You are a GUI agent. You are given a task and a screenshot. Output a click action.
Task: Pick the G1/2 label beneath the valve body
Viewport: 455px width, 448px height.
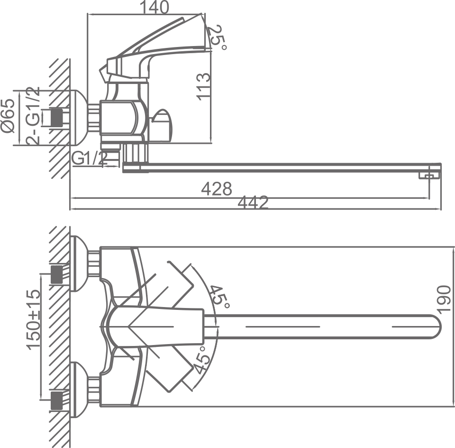tap(90, 159)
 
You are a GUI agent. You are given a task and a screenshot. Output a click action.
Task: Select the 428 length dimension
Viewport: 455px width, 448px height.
tap(217, 188)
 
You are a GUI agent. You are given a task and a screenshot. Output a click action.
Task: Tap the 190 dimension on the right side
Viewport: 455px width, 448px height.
tap(444, 299)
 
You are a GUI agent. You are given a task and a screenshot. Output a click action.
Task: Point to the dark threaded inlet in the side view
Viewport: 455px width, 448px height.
tap(57, 118)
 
